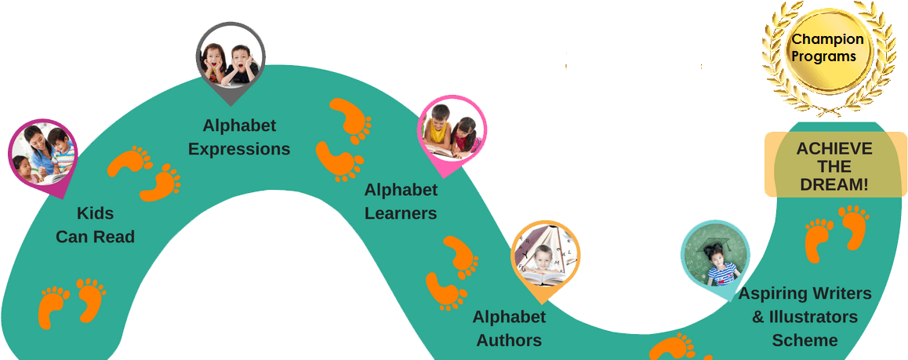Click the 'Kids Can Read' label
click(95, 225)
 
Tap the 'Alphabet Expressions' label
click(239, 137)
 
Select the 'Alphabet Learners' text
click(401, 202)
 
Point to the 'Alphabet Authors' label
click(509, 329)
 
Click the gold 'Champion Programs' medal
click(828, 48)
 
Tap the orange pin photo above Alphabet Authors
click(547, 254)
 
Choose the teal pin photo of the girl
click(714, 257)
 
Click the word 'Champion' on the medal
click(828, 39)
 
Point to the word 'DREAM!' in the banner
click(834, 185)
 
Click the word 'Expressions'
click(239, 149)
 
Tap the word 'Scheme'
click(804, 340)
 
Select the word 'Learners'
click(401, 213)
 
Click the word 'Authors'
click(509, 340)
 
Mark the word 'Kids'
click(95, 213)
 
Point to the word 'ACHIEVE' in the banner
click(834, 149)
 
